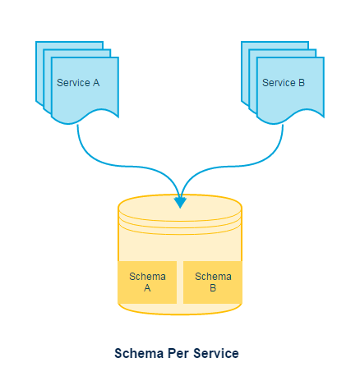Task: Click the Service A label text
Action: tap(78, 83)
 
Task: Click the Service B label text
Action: tap(284, 83)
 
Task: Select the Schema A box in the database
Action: tap(148, 282)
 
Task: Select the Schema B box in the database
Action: tap(213, 282)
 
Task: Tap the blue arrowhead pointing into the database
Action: tap(180, 201)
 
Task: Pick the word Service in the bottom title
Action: tap(216, 353)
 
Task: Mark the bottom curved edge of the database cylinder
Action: tap(180, 313)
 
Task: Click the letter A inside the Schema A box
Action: tap(148, 288)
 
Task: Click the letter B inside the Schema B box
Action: tap(213, 288)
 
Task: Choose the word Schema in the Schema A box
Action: tap(148, 276)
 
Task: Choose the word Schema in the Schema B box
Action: tap(213, 276)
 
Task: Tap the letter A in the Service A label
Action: tap(96, 83)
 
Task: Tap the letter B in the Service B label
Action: tap(302, 83)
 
